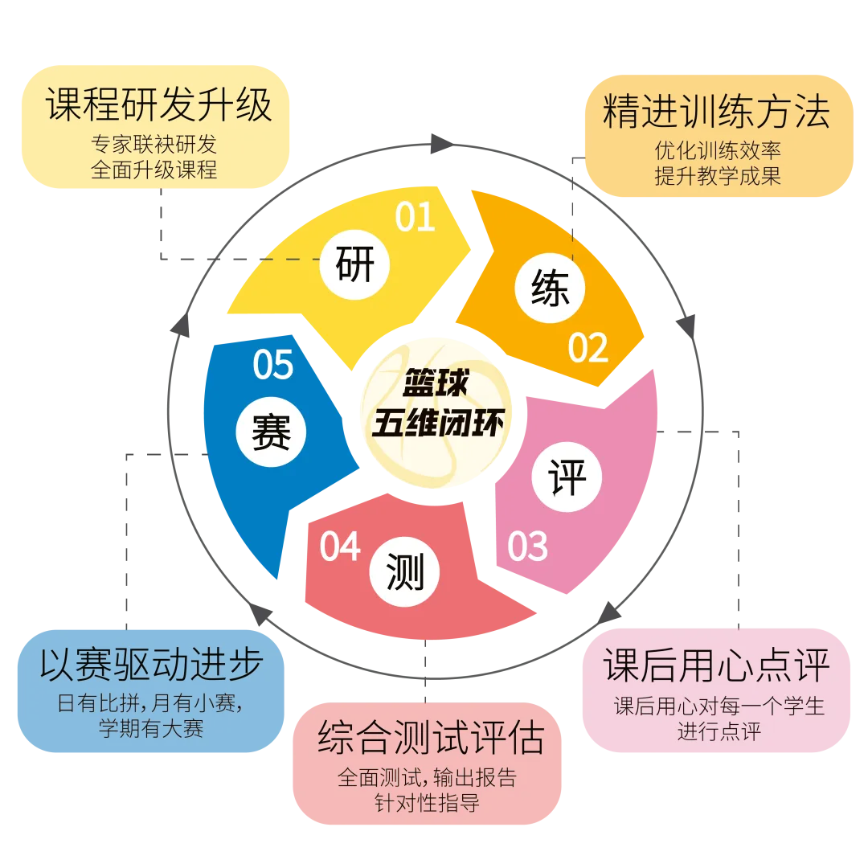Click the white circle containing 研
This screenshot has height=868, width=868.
coord(355,264)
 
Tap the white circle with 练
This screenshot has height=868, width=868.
coord(550,288)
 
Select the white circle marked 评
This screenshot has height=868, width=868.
coord(567,477)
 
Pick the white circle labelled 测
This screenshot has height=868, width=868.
coord(404,572)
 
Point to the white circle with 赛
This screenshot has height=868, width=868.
coord(271,432)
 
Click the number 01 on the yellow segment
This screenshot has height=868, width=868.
coord(416,216)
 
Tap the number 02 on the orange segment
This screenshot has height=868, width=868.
coord(588,348)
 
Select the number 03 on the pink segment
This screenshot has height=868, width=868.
coord(528,546)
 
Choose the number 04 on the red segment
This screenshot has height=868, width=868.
coord(340,547)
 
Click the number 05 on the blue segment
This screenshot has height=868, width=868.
coord(273,364)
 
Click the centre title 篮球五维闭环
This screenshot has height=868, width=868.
coord(437,403)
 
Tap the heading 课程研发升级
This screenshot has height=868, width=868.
coord(158,104)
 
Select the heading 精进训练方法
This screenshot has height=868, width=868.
coord(716,111)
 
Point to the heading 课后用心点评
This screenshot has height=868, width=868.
coord(716,665)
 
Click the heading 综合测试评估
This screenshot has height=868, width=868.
coord(432,737)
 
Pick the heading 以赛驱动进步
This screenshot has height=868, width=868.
coord(151,664)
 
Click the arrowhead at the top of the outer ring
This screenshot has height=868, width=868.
coord(442,143)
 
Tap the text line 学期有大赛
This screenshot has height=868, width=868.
coord(150,728)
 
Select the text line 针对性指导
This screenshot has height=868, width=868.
coord(427,803)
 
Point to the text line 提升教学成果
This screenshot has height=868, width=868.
coord(718,176)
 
